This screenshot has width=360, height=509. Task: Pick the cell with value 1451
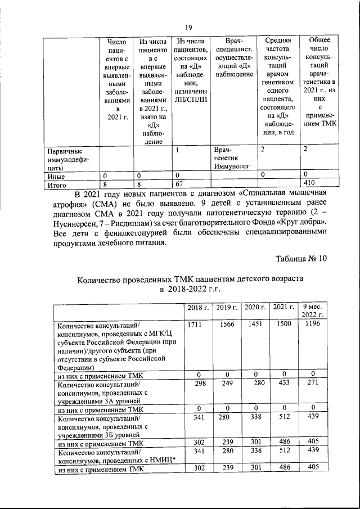point(255,325)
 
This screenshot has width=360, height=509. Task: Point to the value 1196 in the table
point(312,325)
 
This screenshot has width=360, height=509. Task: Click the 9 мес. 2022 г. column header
point(312,311)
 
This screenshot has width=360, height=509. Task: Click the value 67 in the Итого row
point(179,183)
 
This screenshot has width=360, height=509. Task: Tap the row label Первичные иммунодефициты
point(65,159)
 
